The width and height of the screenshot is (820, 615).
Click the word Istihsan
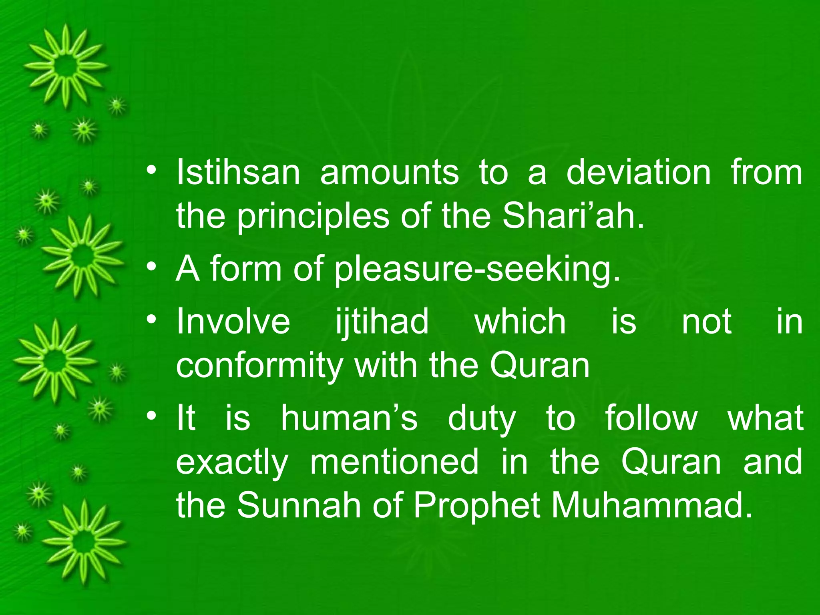pos(238,173)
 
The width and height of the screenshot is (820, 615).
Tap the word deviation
pos(638,173)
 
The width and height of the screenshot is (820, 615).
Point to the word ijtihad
pos(382,323)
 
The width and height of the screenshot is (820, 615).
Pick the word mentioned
pos(394,462)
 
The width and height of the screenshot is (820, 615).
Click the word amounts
pos(389,173)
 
